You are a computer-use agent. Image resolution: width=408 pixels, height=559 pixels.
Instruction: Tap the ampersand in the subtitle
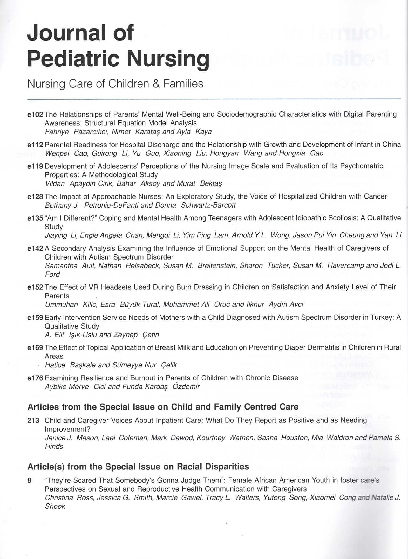pyautogui.click(x=157, y=84)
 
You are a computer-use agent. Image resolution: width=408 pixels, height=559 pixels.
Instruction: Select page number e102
pyautogui.click(x=35, y=114)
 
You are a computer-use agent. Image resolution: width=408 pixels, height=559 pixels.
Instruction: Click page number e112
pyautogui.click(x=35, y=145)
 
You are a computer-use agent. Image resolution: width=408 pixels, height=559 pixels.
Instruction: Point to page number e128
pyautogui.click(x=35, y=196)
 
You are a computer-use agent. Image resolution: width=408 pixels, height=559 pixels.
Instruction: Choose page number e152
pyautogui.click(x=35, y=287)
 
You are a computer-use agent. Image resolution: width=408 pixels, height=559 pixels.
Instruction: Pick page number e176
pyautogui.click(x=35, y=378)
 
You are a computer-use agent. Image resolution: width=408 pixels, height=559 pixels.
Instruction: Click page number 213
pyautogui.click(x=33, y=420)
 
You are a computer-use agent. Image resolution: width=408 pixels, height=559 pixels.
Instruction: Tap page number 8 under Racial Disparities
pyautogui.click(x=29, y=480)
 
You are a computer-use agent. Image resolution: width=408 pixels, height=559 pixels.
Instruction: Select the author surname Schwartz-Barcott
pyautogui.click(x=208, y=205)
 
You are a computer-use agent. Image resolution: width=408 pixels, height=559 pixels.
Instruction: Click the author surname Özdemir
pyautogui.click(x=186, y=387)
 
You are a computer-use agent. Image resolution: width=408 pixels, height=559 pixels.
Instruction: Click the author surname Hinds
pyautogui.click(x=54, y=447)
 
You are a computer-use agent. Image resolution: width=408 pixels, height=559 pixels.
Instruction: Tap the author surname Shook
pyautogui.click(x=55, y=506)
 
